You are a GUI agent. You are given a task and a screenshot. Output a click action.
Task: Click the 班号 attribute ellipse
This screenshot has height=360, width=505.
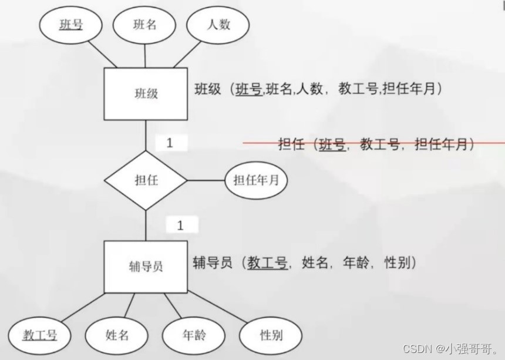tap(70, 25)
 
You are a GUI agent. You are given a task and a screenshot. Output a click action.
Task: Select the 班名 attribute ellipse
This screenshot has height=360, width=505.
tap(145, 25)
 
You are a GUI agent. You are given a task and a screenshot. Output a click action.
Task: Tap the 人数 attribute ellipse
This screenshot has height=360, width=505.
tap(218, 25)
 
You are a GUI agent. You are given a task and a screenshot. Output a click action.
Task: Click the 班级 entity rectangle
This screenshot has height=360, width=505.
tap(146, 93)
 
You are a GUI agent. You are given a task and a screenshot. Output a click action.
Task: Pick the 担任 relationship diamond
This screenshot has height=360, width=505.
tap(146, 180)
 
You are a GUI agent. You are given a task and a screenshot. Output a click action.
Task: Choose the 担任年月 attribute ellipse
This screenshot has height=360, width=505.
tap(256, 180)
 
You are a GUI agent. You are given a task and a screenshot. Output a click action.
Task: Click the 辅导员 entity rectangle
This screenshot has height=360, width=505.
tap(146, 267)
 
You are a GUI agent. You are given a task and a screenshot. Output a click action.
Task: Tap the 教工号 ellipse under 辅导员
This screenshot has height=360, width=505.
tap(40, 335)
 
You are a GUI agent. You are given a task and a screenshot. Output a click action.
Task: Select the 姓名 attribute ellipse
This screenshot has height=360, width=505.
tap(117, 335)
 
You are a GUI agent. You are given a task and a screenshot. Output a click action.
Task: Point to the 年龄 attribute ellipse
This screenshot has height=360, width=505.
tap(194, 335)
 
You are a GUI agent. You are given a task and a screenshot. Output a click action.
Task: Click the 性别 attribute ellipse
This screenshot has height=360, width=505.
tap(271, 335)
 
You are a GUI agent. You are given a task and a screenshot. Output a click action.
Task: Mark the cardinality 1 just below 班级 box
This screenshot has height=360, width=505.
tap(171, 143)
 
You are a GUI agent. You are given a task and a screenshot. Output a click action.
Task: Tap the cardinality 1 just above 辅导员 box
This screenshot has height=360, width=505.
tap(181, 224)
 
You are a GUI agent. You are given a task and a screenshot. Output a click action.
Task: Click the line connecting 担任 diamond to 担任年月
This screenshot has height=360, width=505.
tap(206, 180)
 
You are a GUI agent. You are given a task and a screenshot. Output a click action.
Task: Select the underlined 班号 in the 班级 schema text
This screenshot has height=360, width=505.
tap(249, 89)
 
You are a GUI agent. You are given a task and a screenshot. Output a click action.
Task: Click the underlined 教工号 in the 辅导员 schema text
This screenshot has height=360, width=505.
tap(267, 263)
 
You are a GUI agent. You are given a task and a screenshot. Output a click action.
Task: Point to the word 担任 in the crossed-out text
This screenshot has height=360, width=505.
tap(291, 144)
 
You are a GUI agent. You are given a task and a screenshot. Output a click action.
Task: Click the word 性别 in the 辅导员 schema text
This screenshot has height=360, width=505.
tap(399, 263)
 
